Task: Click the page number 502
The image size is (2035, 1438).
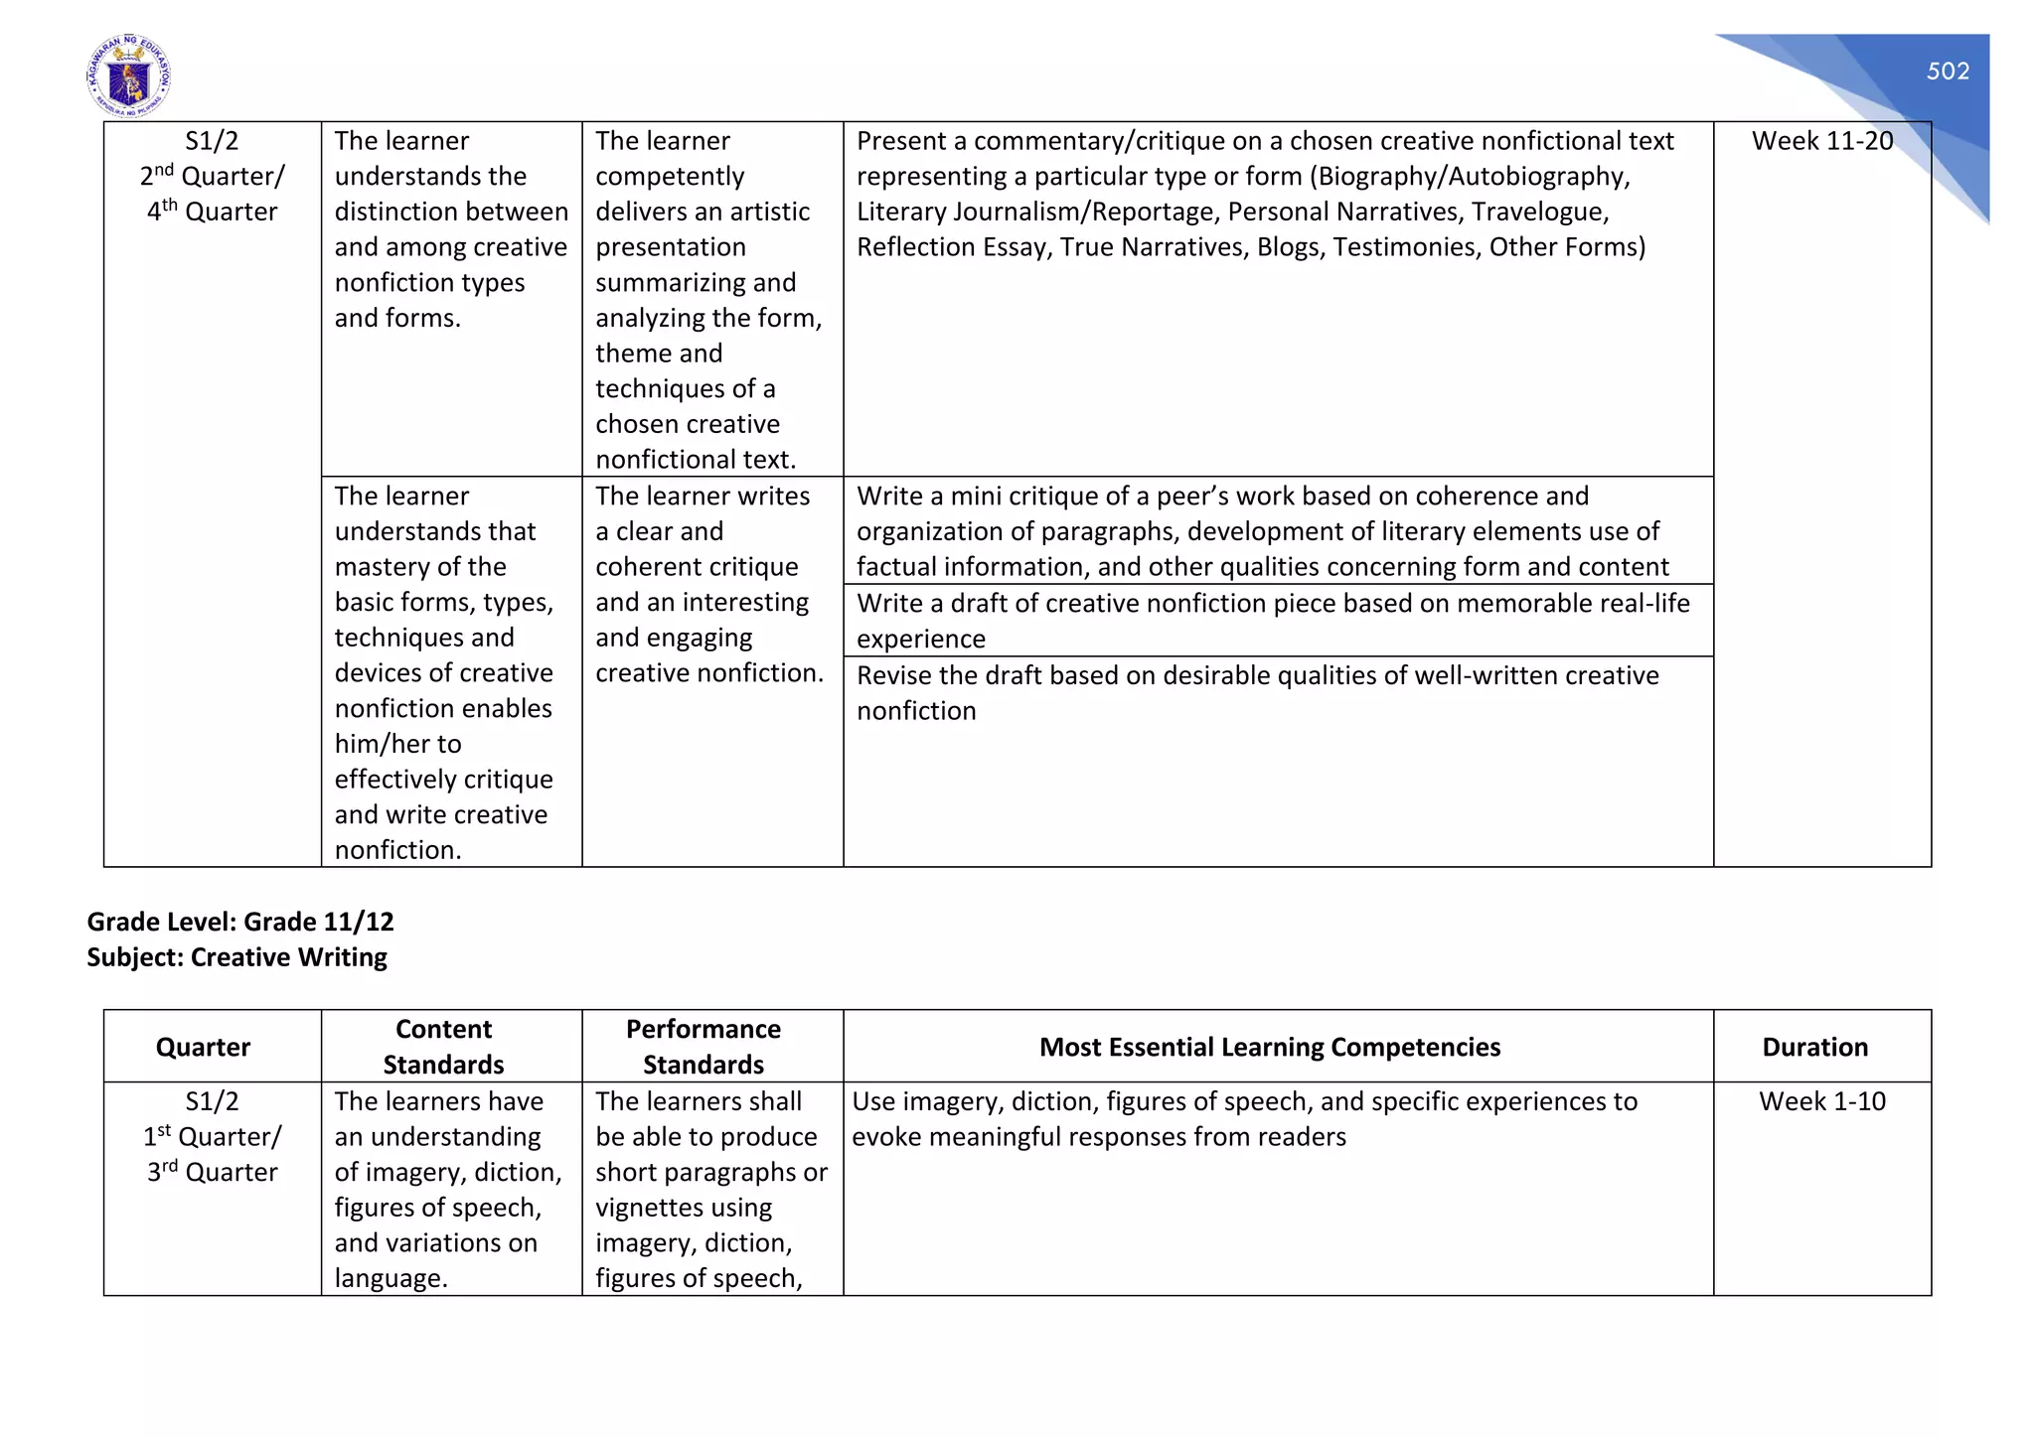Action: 1947,72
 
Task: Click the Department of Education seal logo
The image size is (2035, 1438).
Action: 128,77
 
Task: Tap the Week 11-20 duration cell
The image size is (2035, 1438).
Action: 1821,141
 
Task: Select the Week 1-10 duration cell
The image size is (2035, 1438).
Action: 1821,1101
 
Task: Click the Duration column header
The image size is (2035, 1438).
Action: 1814,1047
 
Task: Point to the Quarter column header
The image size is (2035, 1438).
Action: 203,1047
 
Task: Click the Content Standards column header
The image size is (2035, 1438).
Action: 443,1047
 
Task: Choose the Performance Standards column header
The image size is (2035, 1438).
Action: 704,1047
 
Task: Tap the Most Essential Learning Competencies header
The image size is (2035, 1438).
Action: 1269,1047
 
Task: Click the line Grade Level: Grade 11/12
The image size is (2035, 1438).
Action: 240,922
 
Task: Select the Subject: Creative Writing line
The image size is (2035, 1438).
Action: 236,957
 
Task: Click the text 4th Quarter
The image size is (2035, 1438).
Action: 212,212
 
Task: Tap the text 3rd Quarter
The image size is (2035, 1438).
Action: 212,1172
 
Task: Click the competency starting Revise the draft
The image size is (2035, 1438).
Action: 1257,692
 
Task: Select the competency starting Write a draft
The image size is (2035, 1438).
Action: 1272,620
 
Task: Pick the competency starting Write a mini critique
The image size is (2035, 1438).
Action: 1257,531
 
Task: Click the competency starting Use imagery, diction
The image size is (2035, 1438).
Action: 1244,1118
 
